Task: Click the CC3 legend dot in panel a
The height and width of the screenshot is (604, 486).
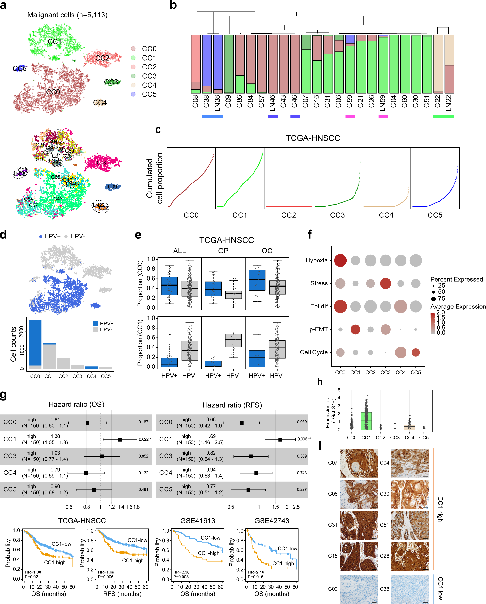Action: (133, 76)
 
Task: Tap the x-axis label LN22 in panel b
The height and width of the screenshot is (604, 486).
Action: (449, 103)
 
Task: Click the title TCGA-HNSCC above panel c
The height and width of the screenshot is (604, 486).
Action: (313, 138)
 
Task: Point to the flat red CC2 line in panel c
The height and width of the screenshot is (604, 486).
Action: (289, 206)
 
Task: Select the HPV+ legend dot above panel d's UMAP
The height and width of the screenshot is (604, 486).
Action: (41, 237)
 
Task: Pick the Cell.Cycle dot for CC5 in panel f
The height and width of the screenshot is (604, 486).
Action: (416, 352)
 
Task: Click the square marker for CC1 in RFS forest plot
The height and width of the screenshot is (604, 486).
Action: (280, 440)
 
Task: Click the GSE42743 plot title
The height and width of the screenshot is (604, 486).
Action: (271, 520)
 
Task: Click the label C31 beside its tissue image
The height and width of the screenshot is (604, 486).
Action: (333, 525)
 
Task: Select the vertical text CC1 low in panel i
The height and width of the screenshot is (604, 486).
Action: (440, 588)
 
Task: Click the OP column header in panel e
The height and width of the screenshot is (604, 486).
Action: (223, 251)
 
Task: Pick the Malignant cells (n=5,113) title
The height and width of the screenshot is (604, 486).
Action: (67, 15)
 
